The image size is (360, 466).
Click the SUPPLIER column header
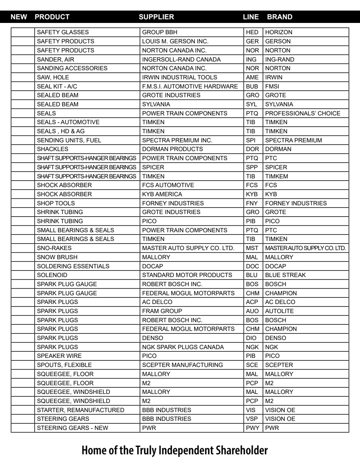coord(156,17)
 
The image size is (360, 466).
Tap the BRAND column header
coord(279,17)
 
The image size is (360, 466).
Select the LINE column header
coord(251,17)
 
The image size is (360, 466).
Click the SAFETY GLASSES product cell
coord(63,32)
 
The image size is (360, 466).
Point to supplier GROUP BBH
coord(159,32)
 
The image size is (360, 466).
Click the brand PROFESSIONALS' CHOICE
coord(302,113)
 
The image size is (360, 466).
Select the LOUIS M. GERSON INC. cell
coord(175,42)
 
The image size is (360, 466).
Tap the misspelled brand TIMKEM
coord(276,176)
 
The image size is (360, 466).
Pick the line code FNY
coord(252,203)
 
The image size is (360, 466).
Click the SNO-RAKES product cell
coord(54,248)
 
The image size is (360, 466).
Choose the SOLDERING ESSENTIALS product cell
coord(68,266)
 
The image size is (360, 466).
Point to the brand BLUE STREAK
coord(285,275)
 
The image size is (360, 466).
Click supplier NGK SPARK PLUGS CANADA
coord(183,347)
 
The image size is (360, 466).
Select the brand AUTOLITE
coord(279,311)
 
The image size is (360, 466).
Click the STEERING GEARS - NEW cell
coord(72,428)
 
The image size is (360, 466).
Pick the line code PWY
coord(252,428)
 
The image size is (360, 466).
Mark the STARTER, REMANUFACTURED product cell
coord(80,410)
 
